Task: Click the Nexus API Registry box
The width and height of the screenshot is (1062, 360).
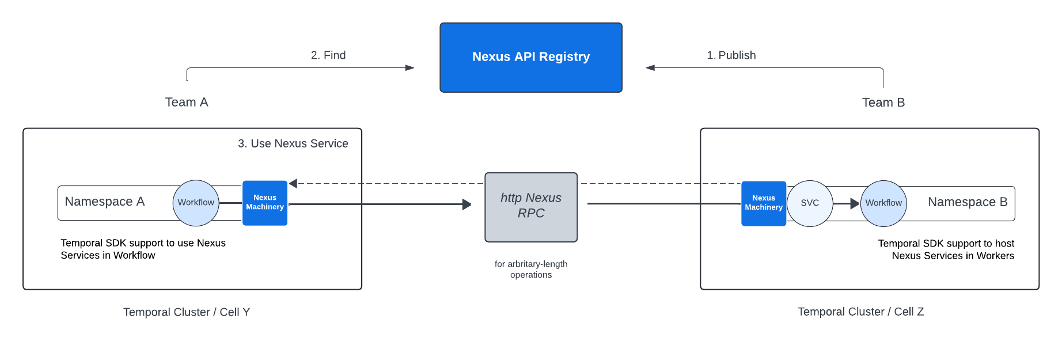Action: [530, 58]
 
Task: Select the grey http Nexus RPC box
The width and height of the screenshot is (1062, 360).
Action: [530, 207]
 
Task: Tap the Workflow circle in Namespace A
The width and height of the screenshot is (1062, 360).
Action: [196, 203]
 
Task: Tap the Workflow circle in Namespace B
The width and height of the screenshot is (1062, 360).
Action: [883, 203]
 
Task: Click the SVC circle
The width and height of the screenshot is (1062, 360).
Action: [810, 203]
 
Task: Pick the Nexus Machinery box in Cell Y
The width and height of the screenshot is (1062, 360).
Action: [265, 203]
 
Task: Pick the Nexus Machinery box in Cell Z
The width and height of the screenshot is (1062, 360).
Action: [764, 203]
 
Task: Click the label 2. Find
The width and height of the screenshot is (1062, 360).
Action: [328, 55]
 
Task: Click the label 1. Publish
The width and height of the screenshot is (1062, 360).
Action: [731, 55]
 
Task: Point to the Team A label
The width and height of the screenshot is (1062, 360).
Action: [187, 103]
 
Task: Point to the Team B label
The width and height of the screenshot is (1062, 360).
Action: [883, 103]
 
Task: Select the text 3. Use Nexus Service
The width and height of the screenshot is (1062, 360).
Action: [293, 143]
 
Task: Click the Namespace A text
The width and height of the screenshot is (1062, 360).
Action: [105, 202]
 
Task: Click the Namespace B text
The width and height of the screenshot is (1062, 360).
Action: [968, 202]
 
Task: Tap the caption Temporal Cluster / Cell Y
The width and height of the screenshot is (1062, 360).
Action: [187, 312]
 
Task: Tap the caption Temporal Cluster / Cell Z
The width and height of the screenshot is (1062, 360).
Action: [860, 312]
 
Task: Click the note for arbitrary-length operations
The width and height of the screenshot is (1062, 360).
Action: [530, 269]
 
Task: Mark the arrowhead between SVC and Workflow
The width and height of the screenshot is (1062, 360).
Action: [855, 203]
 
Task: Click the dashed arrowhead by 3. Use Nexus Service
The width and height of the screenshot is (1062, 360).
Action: [293, 184]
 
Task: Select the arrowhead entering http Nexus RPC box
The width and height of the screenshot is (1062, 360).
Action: [467, 204]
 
